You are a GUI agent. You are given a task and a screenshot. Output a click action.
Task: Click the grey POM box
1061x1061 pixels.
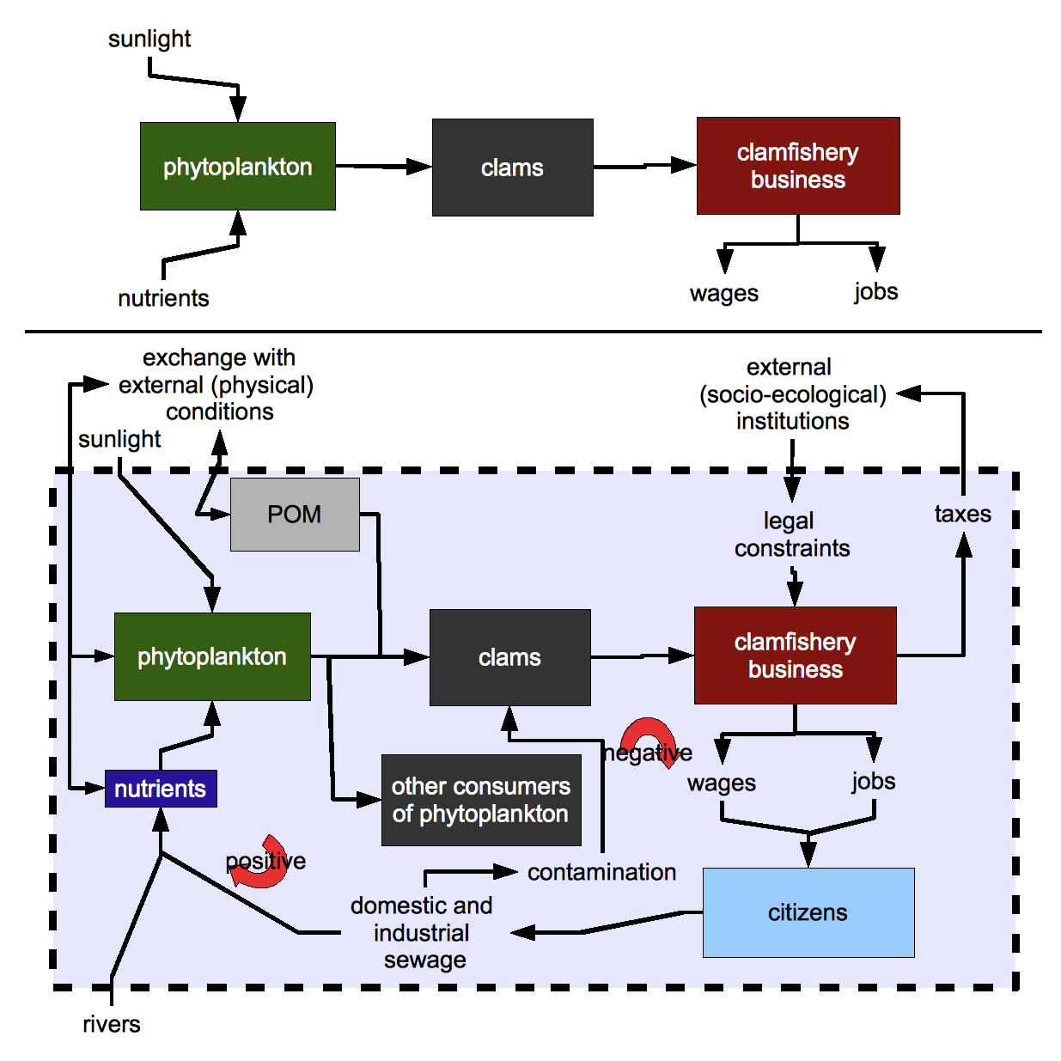point(295,514)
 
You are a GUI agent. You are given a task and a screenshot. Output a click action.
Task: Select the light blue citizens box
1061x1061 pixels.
point(808,912)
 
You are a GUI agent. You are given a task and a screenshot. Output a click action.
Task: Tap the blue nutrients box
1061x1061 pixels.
point(161,789)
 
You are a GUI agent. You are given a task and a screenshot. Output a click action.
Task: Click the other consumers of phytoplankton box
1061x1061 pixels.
point(481,800)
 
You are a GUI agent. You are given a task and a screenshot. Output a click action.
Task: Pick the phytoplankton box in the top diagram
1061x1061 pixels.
point(238,167)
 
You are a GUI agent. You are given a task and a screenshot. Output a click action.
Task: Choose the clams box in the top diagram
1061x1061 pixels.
point(512,168)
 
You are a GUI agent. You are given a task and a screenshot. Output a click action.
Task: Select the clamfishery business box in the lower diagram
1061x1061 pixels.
point(795,656)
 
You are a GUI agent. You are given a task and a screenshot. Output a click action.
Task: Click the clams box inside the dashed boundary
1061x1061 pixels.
point(509,657)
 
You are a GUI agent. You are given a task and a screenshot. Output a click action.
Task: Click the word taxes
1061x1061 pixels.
point(962,514)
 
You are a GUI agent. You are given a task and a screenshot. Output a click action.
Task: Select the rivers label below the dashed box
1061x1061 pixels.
point(112,1024)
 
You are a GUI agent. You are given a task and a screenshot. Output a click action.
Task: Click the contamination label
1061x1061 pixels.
point(601,872)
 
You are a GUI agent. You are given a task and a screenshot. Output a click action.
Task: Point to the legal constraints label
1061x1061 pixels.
point(791,534)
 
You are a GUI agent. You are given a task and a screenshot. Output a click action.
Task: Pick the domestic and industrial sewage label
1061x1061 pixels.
point(422,932)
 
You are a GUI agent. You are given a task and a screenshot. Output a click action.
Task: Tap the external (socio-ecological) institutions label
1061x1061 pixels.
point(792,394)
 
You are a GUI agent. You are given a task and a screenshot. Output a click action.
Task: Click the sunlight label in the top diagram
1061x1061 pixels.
point(149,39)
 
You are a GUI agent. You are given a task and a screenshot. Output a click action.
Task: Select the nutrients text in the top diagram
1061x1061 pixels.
point(163,298)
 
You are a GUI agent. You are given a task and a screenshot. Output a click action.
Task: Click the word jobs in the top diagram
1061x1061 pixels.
point(875,291)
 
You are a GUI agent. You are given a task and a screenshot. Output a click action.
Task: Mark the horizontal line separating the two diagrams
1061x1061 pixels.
point(533,331)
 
